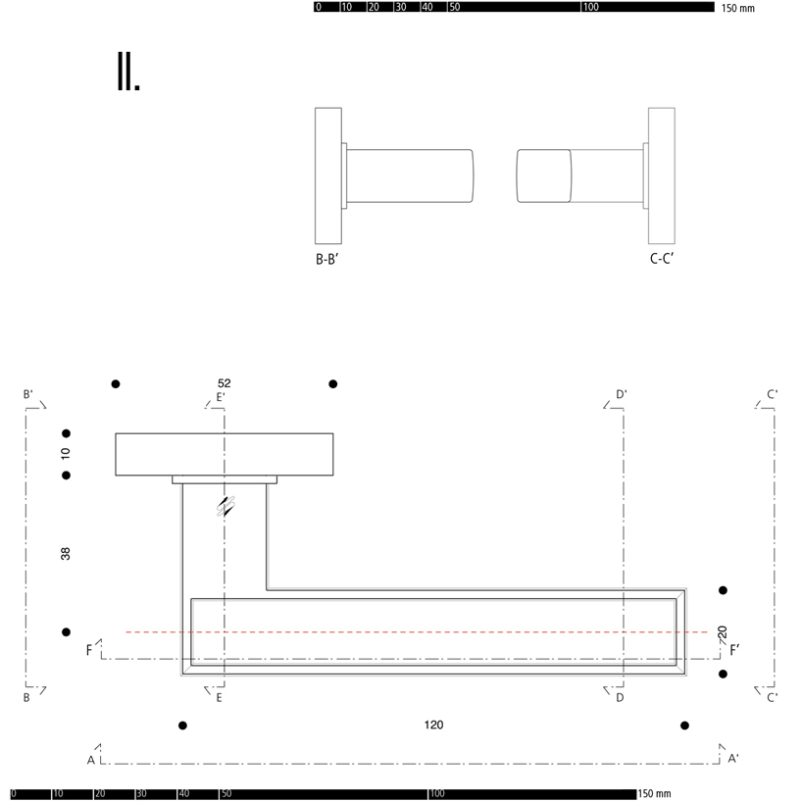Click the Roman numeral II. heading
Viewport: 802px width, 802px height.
coord(128,73)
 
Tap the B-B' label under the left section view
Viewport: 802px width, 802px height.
coord(326,260)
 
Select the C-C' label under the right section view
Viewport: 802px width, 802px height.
coord(662,260)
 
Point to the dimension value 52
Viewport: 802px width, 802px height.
coord(225,382)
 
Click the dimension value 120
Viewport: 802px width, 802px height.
coord(433,726)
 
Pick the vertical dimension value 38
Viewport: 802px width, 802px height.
coord(66,554)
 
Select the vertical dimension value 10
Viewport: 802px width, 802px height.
coord(66,454)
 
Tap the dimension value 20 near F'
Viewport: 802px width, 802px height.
coord(723,632)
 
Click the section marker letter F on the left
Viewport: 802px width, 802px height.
coord(89,650)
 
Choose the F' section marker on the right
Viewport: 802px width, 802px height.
coord(734,649)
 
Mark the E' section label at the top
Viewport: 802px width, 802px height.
coord(221,397)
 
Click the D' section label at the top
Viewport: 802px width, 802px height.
coord(621,395)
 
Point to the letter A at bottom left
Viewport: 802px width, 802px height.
coord(91,760)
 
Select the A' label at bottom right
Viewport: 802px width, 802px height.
coord(732,758)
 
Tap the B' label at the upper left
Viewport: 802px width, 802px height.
coord(28,394)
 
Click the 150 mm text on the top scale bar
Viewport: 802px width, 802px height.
coord(738,8)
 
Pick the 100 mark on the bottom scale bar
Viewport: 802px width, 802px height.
coord(437,794)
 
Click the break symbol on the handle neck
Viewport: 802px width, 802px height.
coord(226,506)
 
